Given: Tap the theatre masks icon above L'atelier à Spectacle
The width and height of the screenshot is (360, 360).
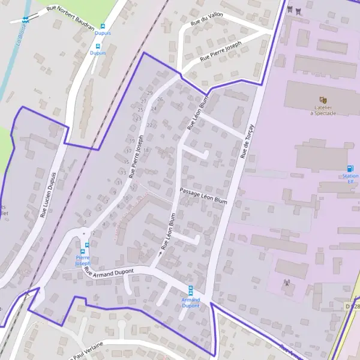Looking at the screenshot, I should (x=323, y=100).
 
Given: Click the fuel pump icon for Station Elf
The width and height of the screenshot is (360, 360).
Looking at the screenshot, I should (x=350, y=169).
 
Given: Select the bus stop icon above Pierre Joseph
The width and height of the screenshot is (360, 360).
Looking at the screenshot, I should (x=87, y=245).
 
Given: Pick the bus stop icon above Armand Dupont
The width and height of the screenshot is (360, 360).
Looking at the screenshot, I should (x=191, y=289).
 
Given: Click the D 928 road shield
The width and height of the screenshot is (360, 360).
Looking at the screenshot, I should (x=353, y=307).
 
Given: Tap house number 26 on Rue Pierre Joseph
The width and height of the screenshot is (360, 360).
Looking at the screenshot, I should (x=160, y=99).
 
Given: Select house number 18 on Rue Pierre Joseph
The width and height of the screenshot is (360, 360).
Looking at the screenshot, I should (x=146, y=150).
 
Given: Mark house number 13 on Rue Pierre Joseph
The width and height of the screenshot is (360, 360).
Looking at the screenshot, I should (x=122, y=172).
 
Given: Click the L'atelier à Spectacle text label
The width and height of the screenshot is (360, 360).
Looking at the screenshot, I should (x=325, y=110).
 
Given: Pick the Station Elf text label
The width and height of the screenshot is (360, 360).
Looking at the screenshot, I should (x=350, y=179).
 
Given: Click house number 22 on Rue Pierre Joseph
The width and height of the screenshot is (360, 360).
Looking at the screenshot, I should (x=149, y=125).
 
